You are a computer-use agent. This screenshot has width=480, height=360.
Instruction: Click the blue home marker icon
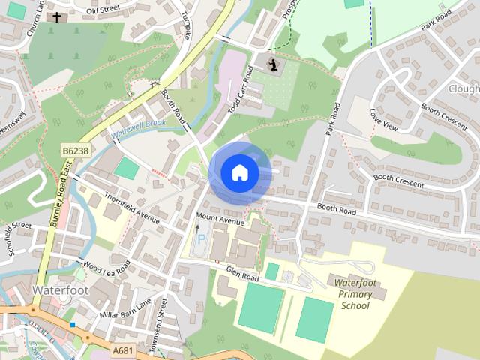point(239,172)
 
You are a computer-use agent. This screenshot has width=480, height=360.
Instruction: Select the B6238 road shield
point(75,151)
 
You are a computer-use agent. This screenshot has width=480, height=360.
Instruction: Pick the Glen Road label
point(243,277)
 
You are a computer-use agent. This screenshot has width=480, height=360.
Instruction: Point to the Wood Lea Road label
point(106,267)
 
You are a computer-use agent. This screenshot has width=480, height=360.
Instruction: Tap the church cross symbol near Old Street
point(56,16)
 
